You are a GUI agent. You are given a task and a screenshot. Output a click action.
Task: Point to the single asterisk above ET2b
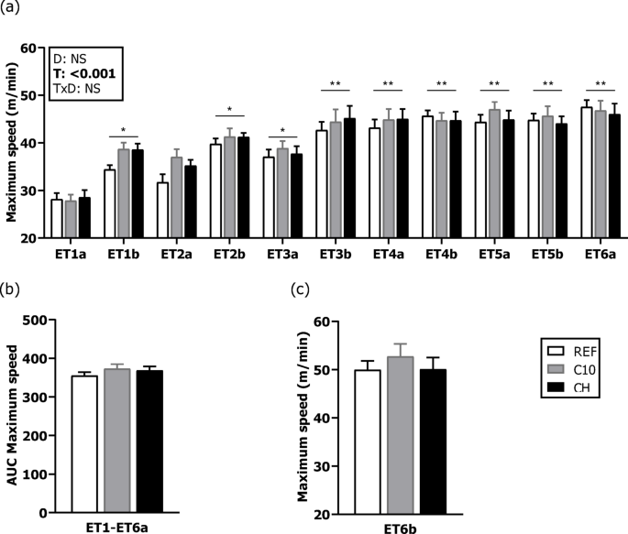tap(230, 109)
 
